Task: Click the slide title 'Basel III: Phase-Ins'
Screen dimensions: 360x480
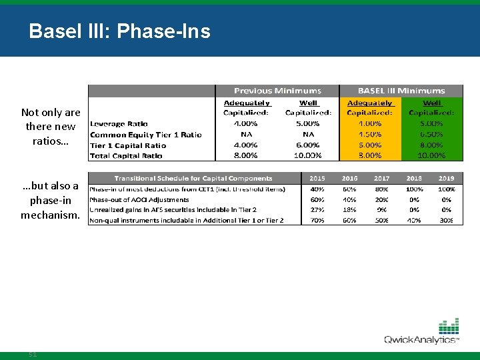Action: [119, 31]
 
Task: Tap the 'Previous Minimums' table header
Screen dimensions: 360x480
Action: [277, 91]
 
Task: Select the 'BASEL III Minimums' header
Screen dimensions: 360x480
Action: [401, 91]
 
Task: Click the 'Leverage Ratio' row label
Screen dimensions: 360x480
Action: [119, 123]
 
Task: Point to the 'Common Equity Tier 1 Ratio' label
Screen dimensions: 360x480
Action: [145, 134]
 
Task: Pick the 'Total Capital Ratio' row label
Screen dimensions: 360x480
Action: [126, 155]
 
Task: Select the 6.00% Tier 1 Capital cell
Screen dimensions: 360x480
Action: [308, 145]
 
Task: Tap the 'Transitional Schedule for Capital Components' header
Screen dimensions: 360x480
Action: [193, 179]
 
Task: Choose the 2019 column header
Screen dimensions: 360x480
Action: [446, 179]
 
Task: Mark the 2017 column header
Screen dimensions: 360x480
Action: [381, 179]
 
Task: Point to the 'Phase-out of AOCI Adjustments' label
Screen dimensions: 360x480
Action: [139, 199]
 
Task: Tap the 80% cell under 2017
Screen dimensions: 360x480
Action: [381, 189]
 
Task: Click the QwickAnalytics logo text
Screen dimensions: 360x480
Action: [420, 340]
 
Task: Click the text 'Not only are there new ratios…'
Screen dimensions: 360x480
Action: [51, 127]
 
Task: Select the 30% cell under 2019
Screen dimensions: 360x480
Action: [446, 220]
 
